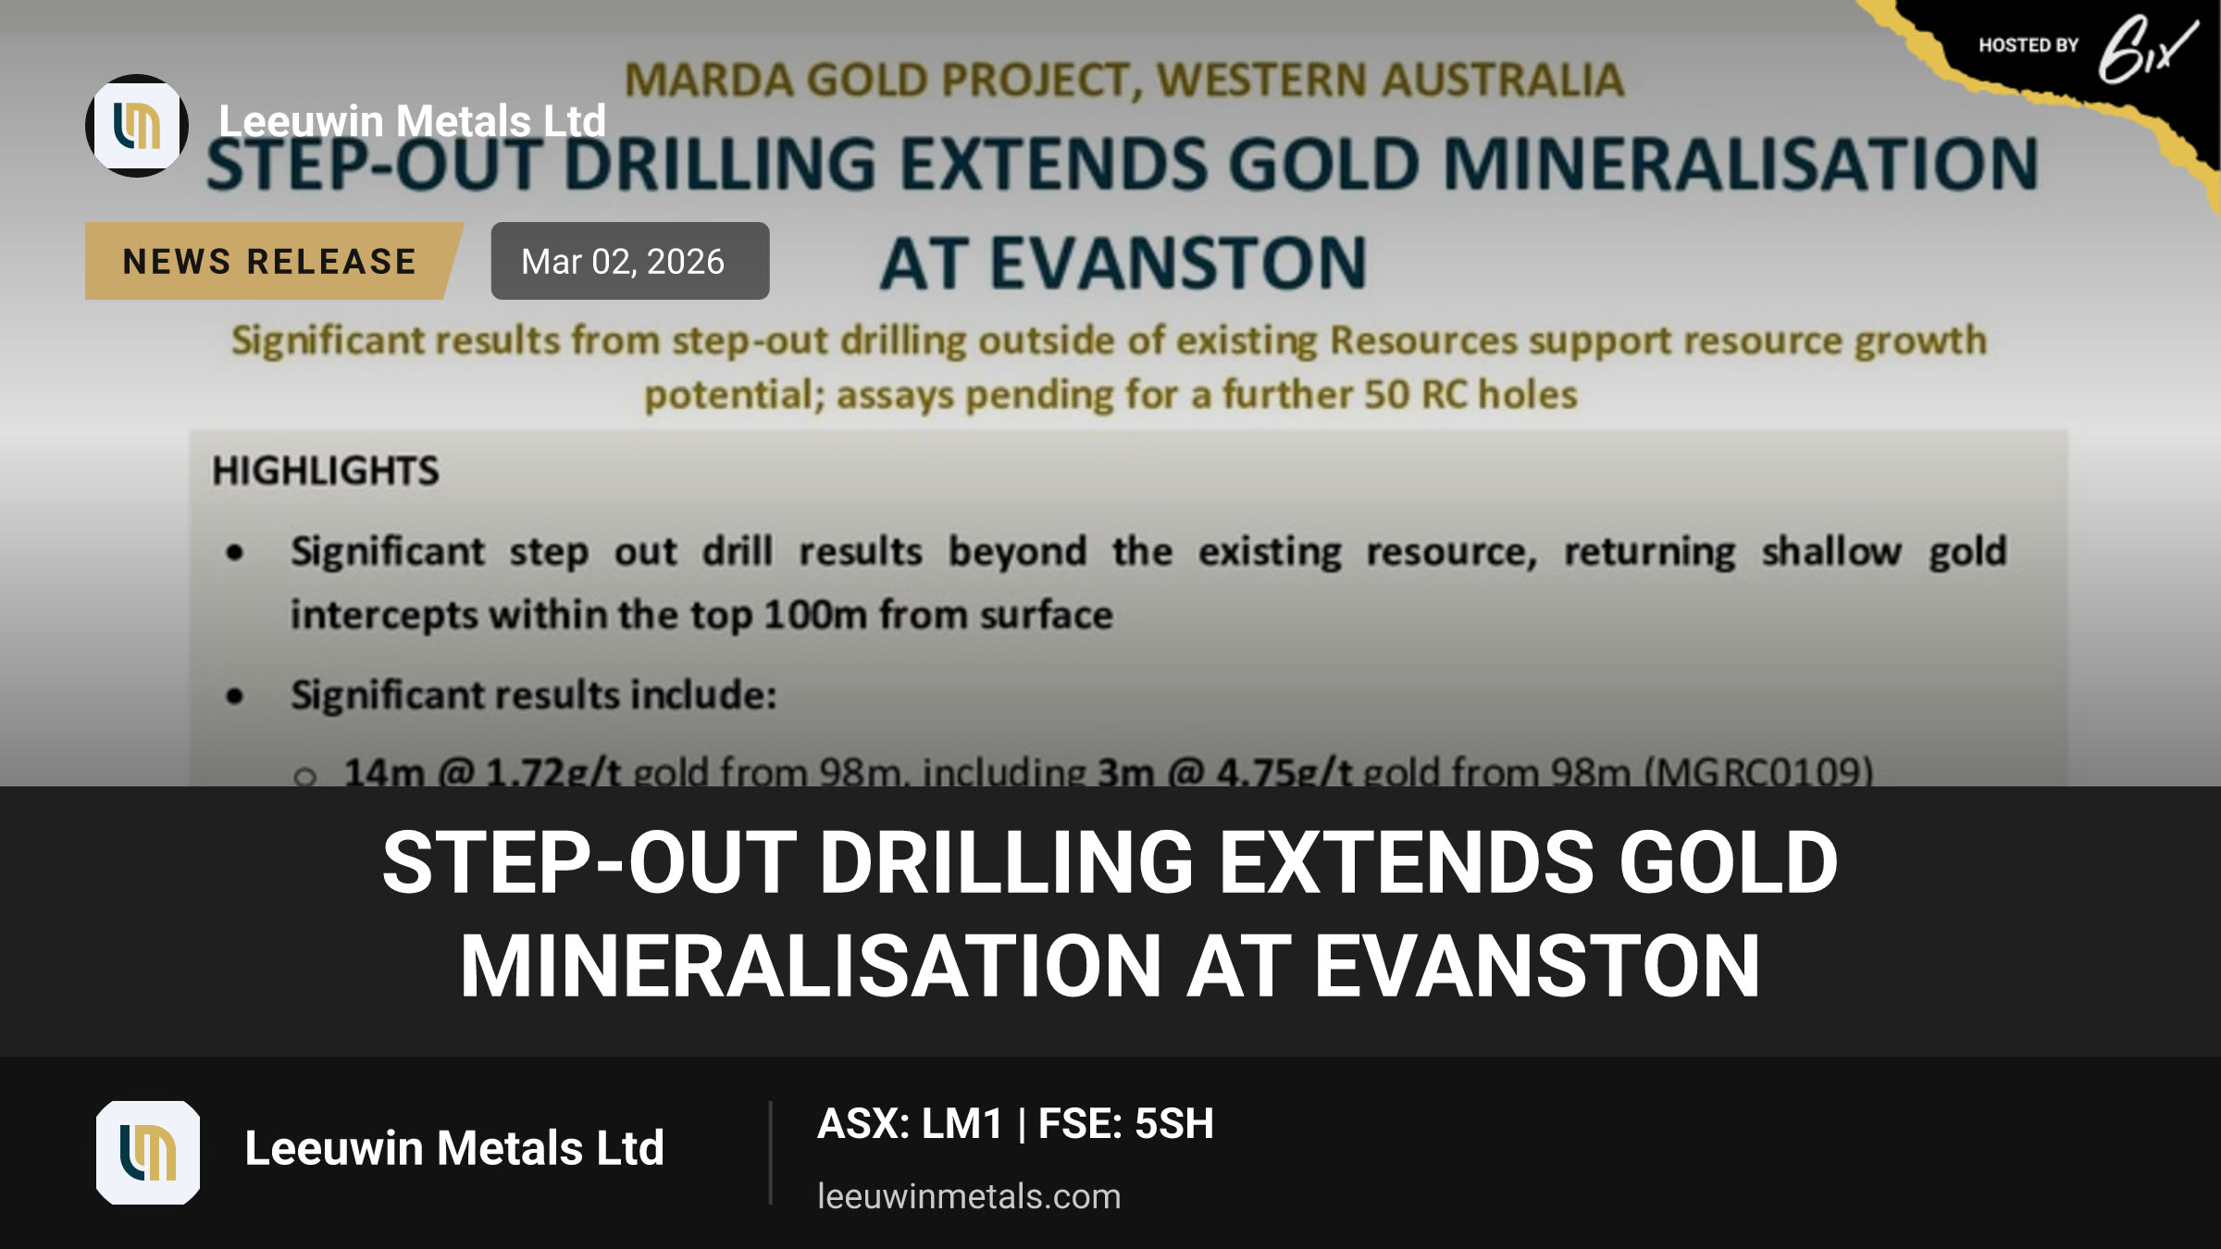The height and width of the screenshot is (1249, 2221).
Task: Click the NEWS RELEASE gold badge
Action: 273,261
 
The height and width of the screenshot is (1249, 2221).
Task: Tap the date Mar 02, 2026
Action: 623,262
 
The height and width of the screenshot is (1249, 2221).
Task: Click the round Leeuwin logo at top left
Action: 137,126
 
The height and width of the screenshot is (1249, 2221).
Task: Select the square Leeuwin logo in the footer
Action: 148,1153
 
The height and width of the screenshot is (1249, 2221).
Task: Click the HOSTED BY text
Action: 2029,45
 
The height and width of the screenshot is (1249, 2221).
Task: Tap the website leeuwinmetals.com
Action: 969,1196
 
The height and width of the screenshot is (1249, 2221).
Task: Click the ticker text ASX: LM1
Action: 911,1124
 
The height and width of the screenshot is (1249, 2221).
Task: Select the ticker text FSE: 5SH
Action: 1125,1124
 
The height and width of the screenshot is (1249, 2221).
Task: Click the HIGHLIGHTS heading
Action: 326,471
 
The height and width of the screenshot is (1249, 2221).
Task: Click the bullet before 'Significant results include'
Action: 235,696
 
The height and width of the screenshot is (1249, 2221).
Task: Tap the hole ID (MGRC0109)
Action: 1758,771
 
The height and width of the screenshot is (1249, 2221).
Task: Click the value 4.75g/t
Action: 1284,771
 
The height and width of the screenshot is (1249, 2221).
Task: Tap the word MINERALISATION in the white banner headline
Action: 811,966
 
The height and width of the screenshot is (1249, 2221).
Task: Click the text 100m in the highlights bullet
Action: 814,615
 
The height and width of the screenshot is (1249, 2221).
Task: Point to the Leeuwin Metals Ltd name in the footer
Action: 454,1148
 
